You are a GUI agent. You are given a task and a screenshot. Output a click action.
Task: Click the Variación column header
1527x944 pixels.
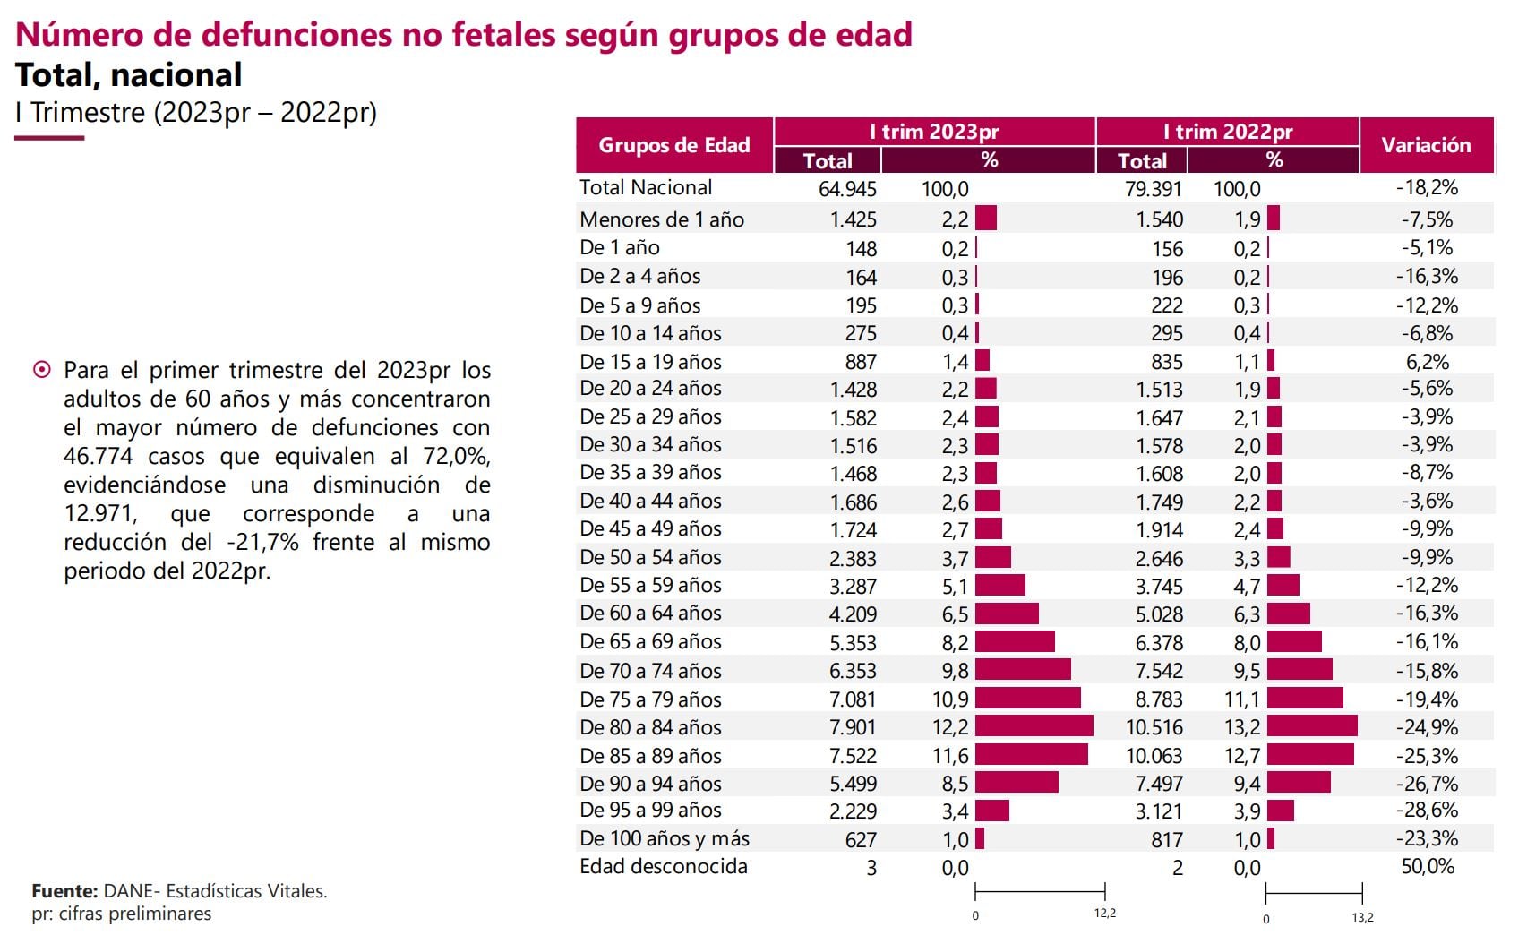pyautogui.click(x=1426, y=145)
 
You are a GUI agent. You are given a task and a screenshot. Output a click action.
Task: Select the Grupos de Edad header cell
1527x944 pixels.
pyautogui.click(x=673, y=145)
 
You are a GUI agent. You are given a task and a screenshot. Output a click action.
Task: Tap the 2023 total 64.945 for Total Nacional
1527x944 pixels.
pyautogui.click(x=846, y=189)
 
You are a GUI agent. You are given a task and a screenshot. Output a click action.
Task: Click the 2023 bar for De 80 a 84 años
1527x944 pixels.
pyautogui.click(x=1034, y=726)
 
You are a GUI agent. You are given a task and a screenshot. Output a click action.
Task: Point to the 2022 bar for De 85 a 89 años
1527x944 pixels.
pyautogui.click(x=1309, y=755)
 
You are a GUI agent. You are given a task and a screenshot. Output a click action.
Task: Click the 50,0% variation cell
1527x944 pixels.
pyautogui.click(x=1427, y=866)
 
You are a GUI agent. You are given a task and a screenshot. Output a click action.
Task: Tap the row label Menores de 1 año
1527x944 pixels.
pyautogui.click(x=661, y=219)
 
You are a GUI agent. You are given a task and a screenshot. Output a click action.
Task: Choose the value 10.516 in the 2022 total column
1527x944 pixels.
pyautogui.click(x=1154, y=727)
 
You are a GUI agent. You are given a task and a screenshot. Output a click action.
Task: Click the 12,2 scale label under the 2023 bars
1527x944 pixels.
pyautogui.click(x=1104, y=914)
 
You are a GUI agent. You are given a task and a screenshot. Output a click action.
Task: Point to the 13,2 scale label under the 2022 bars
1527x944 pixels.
pyautogui.click(x=1362, y=918)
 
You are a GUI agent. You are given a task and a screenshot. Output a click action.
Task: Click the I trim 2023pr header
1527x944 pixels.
pyautogui.click(x=934, y=132)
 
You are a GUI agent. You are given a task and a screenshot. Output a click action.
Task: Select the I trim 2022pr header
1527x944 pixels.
pyautogui.click(x=1227, y=132)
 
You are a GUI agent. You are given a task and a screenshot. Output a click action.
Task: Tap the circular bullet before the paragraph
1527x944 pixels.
pyautogui.click(x=41, y=370)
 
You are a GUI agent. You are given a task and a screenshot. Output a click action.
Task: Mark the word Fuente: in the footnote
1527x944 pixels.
pyautogui.click(x=64, y=891)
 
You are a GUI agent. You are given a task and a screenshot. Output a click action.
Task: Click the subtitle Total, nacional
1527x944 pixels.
pyautogui.click(x=129, y=75)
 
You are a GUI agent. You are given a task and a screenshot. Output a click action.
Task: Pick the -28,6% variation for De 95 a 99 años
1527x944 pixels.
pyautogui.click(x=1427, y=811)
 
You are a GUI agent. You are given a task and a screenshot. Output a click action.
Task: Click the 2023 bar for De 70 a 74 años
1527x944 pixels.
pyautogui.click(x=1022, y=670)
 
